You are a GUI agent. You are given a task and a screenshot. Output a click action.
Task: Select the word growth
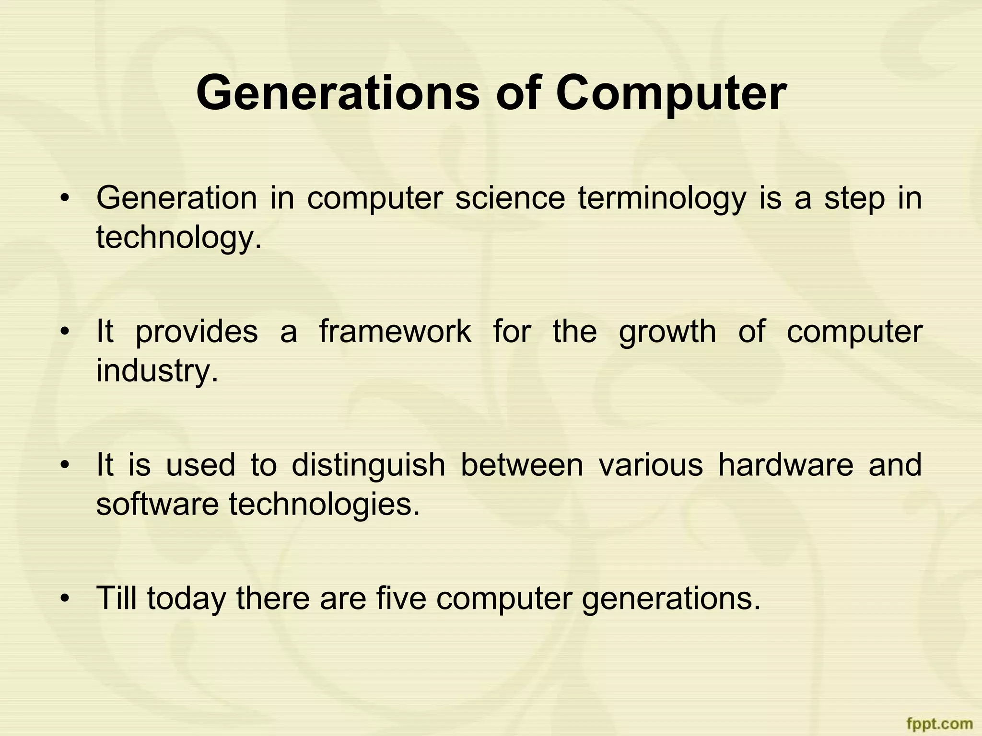coord(667,332)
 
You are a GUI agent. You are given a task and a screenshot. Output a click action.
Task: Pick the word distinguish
coord(368,465)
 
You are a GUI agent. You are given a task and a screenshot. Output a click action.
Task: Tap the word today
coord(186,599)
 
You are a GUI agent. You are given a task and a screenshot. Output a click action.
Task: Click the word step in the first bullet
coord(854,199)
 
